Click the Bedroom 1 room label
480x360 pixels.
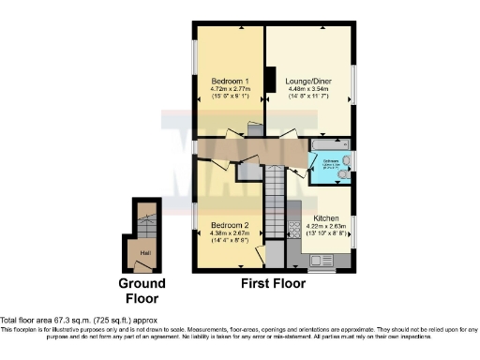[x=228, y=81]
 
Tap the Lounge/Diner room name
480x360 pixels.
[x=309, y=82]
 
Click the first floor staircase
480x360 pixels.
[x=273, y=202]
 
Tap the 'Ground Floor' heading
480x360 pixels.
[x=142, y=291]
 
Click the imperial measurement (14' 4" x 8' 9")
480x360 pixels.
[x=229, y=244]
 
